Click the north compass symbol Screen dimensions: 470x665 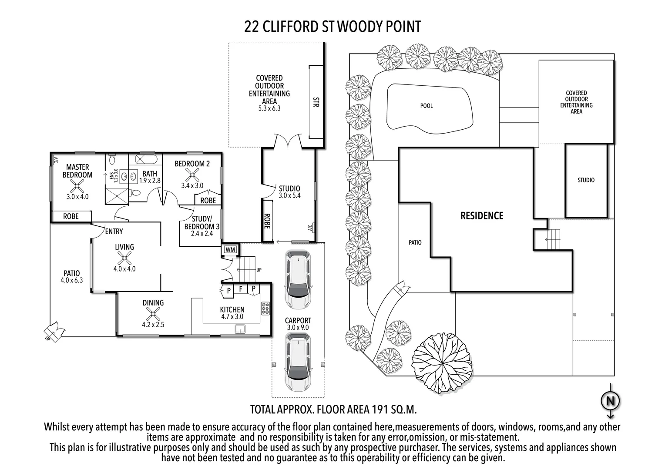(611, 400)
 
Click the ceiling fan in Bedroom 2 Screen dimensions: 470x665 (192, 175)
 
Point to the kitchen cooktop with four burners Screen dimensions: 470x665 (265, 308)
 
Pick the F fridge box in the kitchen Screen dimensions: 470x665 (241, 289)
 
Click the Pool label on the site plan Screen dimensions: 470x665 (426, 106)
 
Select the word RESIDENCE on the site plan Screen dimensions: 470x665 (482, 216)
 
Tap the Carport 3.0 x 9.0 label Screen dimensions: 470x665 (298, 324)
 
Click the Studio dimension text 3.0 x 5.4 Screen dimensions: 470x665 (289, 195)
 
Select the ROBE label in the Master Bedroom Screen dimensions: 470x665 (71, 216)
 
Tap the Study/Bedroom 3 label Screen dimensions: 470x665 (202, 222)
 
